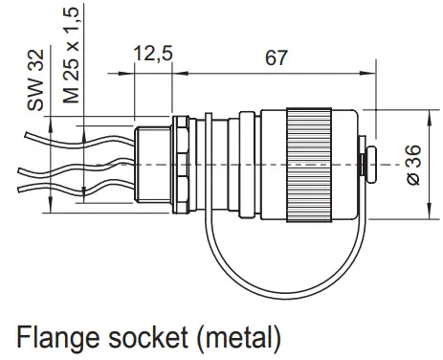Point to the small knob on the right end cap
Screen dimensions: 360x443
368,164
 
